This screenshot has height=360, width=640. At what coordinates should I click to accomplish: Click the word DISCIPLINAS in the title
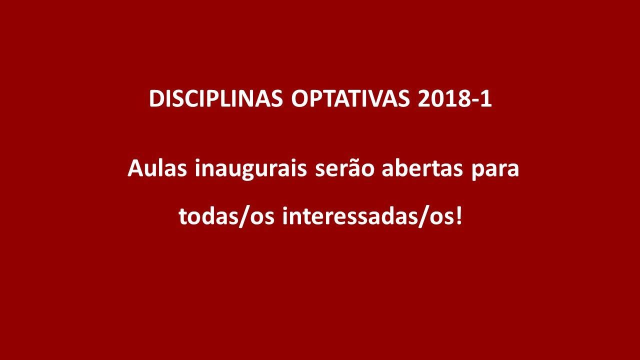(216, 98)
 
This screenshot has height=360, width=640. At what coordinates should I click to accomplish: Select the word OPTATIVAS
(350, 98)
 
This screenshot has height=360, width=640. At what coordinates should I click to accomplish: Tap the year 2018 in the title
(443, 98)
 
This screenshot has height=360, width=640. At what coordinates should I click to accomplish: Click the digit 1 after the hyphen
(486, 98)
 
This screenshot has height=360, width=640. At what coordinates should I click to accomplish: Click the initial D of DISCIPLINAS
(156, 98)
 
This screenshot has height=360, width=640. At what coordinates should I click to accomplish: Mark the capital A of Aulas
(135, 168)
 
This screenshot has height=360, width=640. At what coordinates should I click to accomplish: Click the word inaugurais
(251, 169)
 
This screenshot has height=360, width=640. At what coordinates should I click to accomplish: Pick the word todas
(208, 215)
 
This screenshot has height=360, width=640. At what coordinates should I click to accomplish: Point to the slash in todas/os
(243, 216)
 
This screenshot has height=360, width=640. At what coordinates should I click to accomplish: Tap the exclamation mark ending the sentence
(458, 215)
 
